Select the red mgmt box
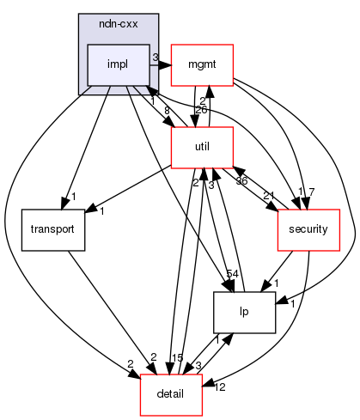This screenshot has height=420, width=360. [x=203, y=64]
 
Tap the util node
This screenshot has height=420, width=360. [x=203, y=147]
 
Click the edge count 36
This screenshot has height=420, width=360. [x=242, y=181]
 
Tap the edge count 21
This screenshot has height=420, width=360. [x=268, y=196]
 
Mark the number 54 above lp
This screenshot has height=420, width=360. [x=231, y=272]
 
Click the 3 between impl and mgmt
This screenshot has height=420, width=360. [x=155, y=58]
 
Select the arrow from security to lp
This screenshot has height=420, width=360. [x=276, y=273]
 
